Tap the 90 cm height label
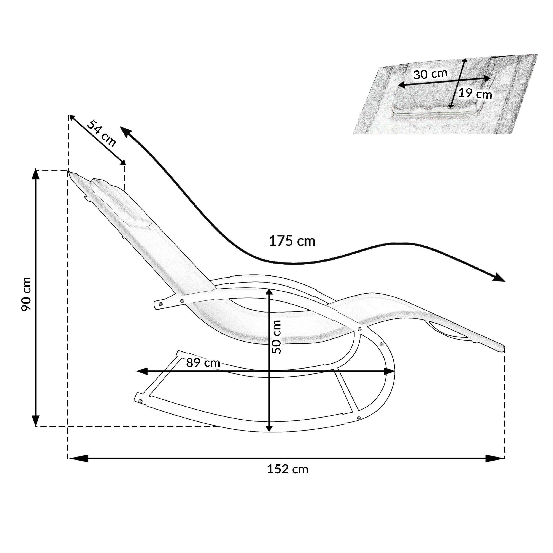point(26,294)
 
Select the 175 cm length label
point(292,241)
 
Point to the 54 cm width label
point(101,133)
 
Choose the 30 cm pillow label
point(430,74)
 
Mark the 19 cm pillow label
point(475,94)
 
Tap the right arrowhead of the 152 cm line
point(495,458)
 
